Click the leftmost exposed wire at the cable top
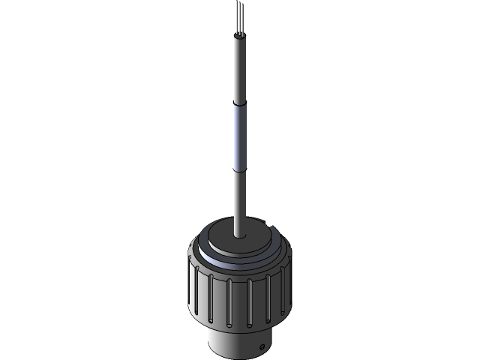(236, 21)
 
